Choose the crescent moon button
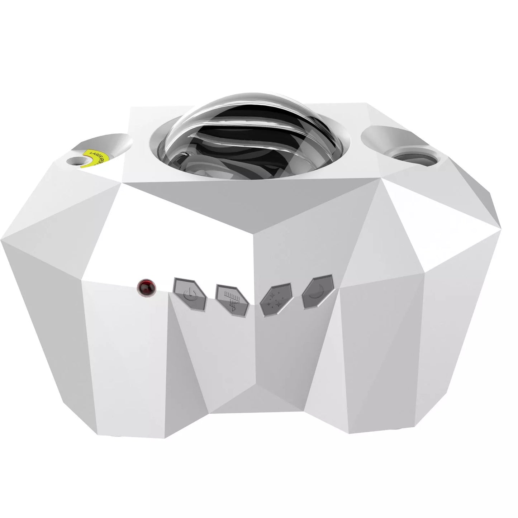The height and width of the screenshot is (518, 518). click(317, 291)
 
